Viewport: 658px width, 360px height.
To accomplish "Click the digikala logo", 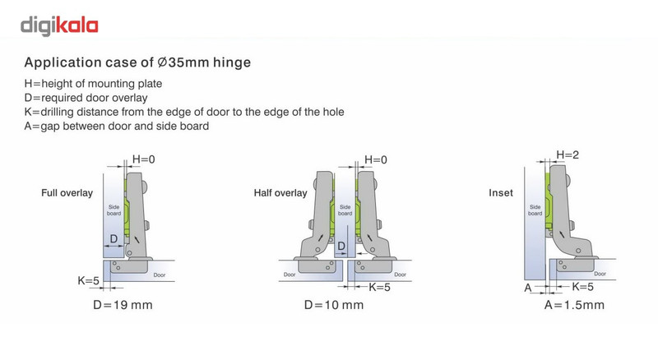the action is pyautogui.click(x=59, y=26).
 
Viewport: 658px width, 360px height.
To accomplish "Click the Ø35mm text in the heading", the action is pyautogui.click(x=183, y=62).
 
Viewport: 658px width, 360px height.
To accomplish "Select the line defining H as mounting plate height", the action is pyautogui.click(x=93, y=84).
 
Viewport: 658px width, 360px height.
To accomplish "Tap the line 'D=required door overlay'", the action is pyautogui.click(x=86, y=98).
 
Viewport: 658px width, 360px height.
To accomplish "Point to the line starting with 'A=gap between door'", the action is pyautogui.click(x=117, y=126).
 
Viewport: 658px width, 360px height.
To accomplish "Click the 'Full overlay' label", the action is pyautogui.click(x=67, y=193).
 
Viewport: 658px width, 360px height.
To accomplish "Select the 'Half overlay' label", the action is pyautogui.click(x=280, y=193).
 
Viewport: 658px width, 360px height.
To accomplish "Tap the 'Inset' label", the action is pyautogui.click(x=501, y=193).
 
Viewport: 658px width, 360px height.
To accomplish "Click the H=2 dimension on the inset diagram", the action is pyautogui.click(x=568, y=155).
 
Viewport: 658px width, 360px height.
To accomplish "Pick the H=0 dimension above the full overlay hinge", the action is pyautogui.click(x=143, y=159).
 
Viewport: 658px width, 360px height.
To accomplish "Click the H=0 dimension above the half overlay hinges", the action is pyautogui.click(x=376, y=159).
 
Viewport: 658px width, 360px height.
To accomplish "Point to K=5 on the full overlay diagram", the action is pyautogui.click(x=88, y=280).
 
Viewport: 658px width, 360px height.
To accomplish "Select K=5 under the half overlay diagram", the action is pyautogui.click(x=379, y=287).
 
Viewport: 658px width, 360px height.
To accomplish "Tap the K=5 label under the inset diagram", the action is pyautogui.click(x=582, y=287).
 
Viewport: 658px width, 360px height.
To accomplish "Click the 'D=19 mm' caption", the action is pyautogui.click(x=123, y=305).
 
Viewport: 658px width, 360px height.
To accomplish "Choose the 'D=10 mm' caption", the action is pyautogui.click(x=334, y=305).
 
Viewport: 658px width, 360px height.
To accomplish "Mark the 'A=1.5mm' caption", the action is pyautogui.click(x=574, y=305).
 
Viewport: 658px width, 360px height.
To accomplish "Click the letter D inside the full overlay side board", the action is pyautogui.click(x=114, y=238).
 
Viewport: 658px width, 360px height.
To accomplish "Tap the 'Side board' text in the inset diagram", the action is pyautogui.click(x=535, y=210).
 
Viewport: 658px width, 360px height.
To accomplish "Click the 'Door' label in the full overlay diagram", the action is pyautogui.click(x=159, y=275).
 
